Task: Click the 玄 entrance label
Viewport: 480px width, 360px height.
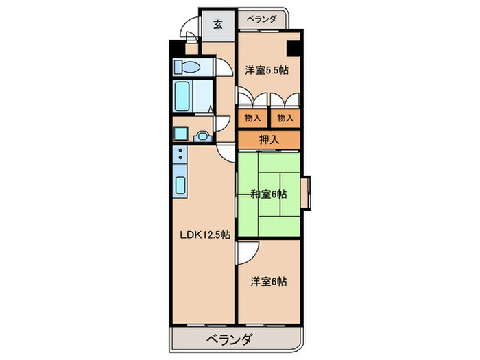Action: [x=218, y=25]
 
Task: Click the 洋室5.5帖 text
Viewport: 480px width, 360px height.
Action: [x=268, y=69]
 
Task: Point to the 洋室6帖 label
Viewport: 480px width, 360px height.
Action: [x=268, y=281]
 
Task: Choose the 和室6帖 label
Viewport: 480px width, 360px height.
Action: [x=268, y=195]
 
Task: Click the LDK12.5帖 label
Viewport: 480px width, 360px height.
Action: [x=205, y=234]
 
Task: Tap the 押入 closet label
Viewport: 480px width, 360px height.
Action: [x=269, y=140]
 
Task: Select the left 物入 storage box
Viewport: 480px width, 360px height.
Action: [x=252, y=118]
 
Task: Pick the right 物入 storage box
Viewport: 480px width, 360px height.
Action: [x=285, y=118]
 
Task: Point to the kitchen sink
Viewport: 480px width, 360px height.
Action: [x=181, y=184]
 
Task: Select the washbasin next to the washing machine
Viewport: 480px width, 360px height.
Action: [x=202, y=135]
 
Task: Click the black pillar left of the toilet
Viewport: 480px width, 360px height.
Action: [x=173, y=50]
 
